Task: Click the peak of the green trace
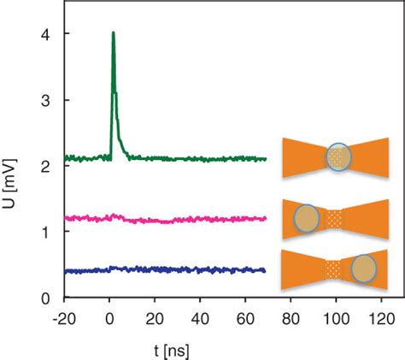pyautogui.click(x=113, y=33)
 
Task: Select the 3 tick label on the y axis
pyautogui.click(x=38, y=100)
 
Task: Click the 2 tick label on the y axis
pyautogui.click(x=38, y=166)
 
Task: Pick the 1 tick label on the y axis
pyautogui.click(x=38, y=232)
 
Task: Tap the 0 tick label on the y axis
pyautogui.click(x=38, y=298)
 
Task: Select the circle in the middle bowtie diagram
pyautogui.click(x=306, y=219)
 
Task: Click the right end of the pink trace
pyautogui.click(x=266, y=218)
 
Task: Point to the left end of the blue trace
pyautogui.click(x=64, y=271)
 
